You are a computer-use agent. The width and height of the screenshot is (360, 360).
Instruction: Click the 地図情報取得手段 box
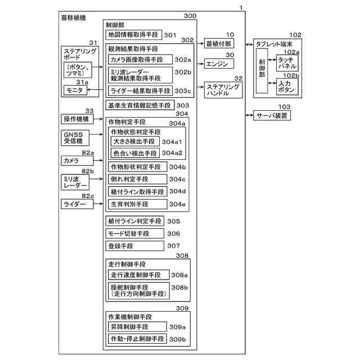[134, 35]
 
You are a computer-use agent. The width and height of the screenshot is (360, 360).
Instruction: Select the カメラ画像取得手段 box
[140, 60]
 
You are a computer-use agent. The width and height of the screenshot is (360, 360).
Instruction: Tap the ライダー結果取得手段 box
[140, 91]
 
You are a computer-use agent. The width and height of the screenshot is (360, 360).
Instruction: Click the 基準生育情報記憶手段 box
[139, 105]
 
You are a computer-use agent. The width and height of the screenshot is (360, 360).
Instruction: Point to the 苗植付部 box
[218, 43]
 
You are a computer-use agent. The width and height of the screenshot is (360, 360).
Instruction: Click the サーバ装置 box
[272, 115]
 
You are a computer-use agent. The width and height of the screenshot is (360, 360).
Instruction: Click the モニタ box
[76, 91]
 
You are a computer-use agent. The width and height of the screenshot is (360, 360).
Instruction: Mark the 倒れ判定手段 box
[138, 179]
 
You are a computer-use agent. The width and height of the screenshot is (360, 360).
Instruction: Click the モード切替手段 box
[135, 233]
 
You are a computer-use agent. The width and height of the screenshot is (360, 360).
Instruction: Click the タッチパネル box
[287, 62]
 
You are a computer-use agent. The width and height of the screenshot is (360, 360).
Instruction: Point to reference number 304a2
[173, 153]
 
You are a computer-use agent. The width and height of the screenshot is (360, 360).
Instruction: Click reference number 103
[284, 106]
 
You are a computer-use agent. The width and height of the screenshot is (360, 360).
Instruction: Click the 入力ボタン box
[287, 86]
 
